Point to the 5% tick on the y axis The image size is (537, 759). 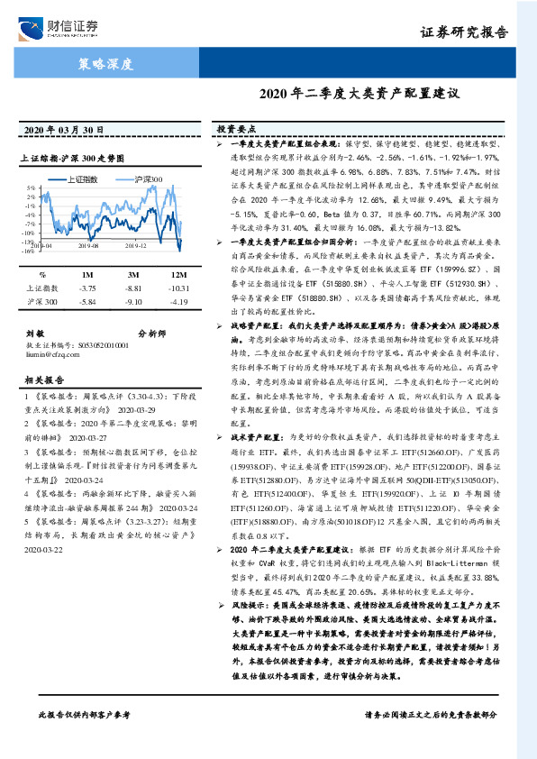pos(30,188)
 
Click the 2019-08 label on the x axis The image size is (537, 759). pos(88,244)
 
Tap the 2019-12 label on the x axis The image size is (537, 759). pos(135,244)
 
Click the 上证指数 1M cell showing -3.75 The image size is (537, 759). pos(87,288)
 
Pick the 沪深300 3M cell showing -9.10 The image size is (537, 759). pos(133,301)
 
